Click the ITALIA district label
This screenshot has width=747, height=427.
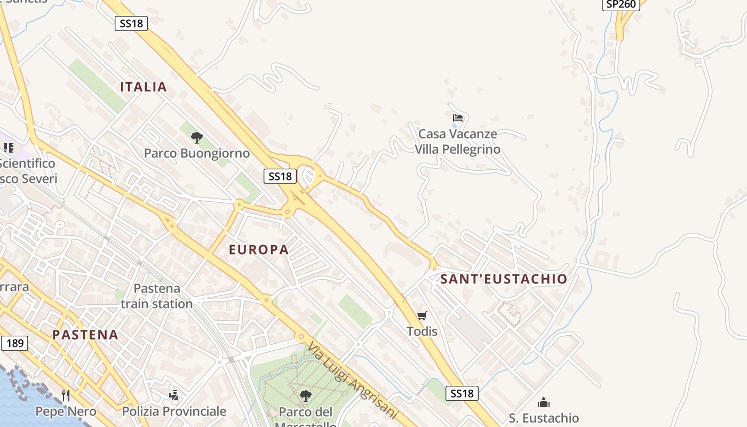[x=144, y=87]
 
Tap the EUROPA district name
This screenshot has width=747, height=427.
[x=259, y=249]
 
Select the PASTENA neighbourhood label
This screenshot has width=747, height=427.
[x=85, y=335]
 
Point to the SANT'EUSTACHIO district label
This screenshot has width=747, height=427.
[x=504, y=279]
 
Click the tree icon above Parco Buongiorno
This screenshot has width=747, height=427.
[x=197, y=138]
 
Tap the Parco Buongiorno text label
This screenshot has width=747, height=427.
[x=197, y=154]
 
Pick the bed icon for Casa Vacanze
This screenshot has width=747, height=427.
[x=458, y=118]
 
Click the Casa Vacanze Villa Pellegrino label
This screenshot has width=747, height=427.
[x=458, y=141]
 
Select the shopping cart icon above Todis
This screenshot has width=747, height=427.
[x=422, y=316]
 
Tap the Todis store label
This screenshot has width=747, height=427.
[x=422, y=331]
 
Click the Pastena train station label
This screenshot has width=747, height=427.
[x=157, y=296]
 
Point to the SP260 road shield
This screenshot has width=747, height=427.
[x=622, y=4]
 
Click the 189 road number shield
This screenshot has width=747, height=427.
[x=14, y=343]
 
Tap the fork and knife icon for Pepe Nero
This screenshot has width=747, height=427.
[x=66, y=396]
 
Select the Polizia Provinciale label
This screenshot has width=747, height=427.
[x=174, y=412]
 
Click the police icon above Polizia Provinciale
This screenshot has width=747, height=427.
[x=173, y=396]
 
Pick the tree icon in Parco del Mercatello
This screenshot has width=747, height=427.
[x=305, y=396]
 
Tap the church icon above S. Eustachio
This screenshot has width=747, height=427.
[x=544, y=402]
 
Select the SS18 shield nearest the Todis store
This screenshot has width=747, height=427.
[x=462, y=393]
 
